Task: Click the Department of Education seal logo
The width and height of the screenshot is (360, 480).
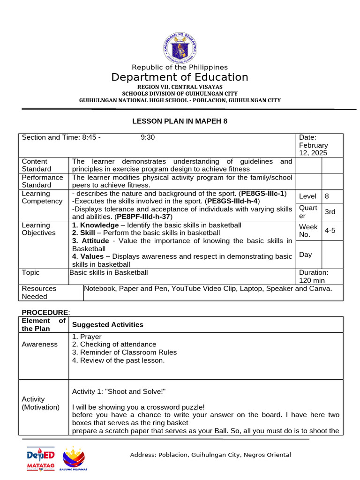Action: (x=180, y=46)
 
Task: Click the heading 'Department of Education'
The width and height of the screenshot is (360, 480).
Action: (x=180, y=77)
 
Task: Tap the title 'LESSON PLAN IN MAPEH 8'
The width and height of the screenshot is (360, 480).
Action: (x=180, y=121)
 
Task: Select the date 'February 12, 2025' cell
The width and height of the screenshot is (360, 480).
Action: (x=314, y=145)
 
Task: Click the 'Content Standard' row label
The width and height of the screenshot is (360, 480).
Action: (x=37, y=165)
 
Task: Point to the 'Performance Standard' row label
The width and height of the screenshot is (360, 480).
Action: (x=42, y=181)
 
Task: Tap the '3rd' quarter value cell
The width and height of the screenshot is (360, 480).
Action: (x=330, y=212)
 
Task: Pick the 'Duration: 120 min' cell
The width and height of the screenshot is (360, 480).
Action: (x=314, y=276)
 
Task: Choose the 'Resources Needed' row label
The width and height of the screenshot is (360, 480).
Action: (x=39, y=292)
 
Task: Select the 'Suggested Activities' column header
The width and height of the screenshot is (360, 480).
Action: (x=107, y=324)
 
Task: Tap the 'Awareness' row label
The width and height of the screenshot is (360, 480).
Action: (x=40, y=344)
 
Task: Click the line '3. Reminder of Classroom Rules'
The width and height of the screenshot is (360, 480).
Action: (x=124, y=352)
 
